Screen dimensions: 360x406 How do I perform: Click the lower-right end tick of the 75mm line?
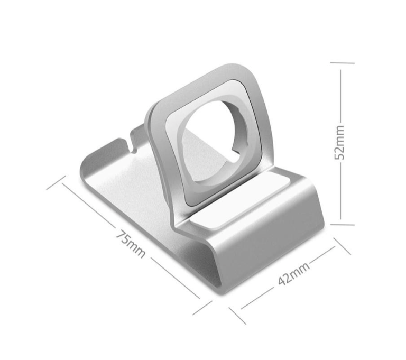[202, 308]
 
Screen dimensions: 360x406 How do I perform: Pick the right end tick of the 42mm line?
[342, 245]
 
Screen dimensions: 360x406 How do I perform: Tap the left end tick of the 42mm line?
[237, 315]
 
